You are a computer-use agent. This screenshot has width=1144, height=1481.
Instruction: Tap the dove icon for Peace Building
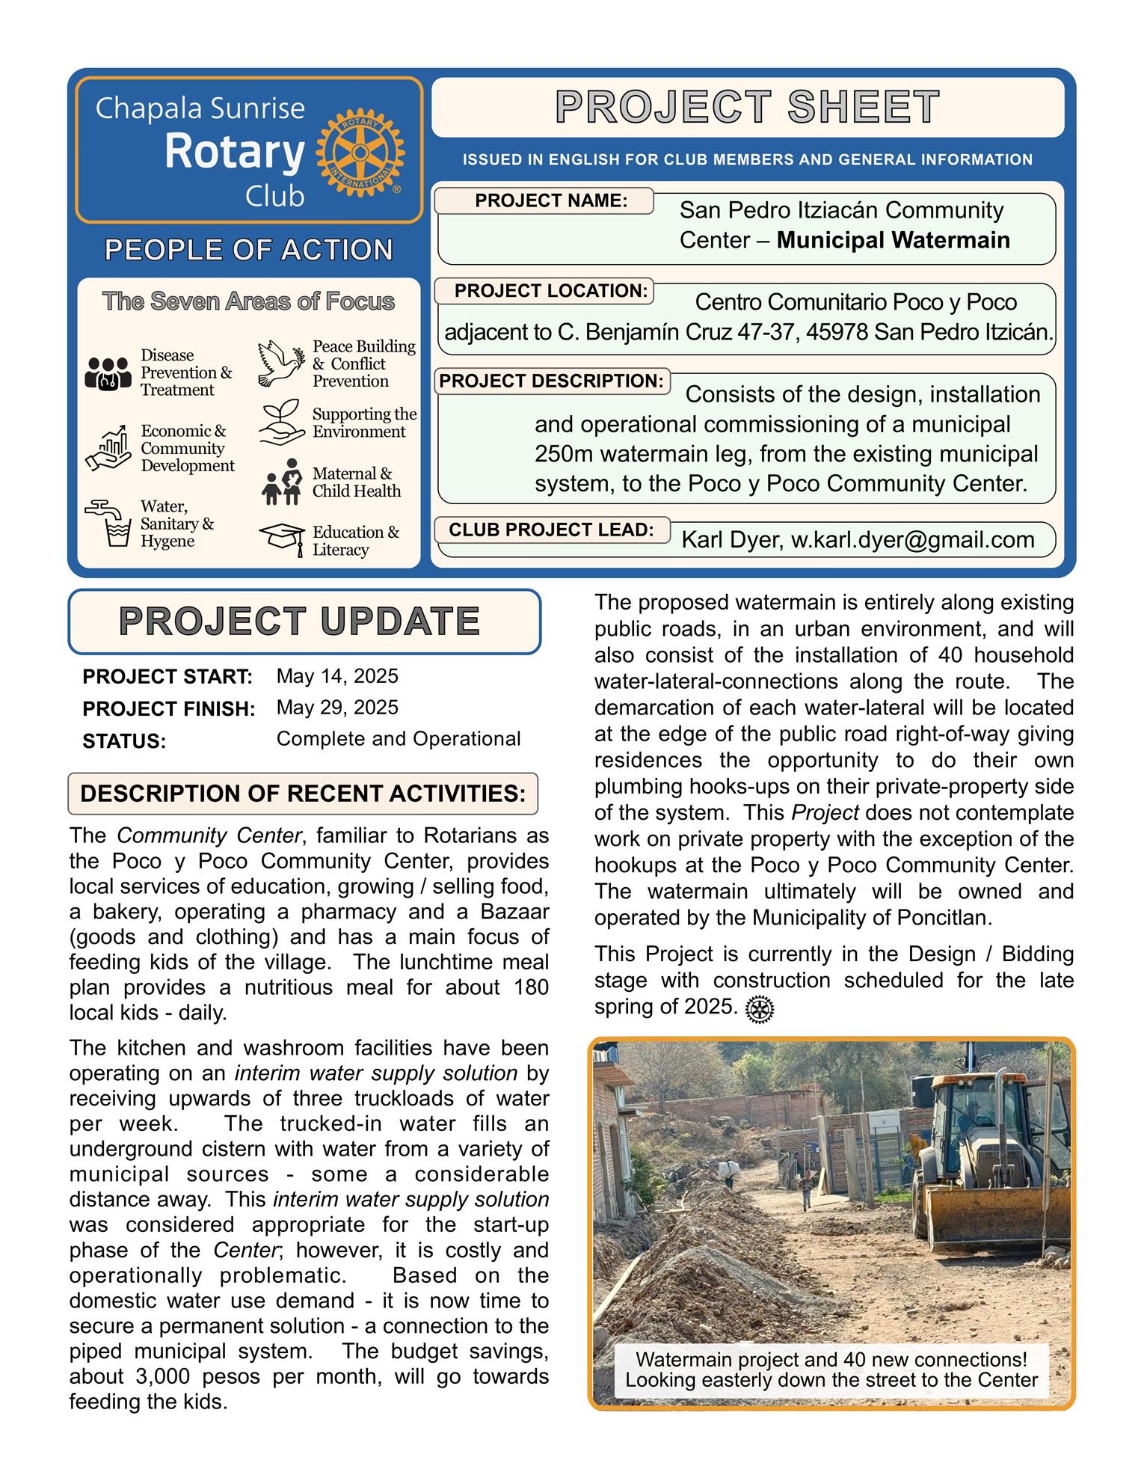[x=281, y=364]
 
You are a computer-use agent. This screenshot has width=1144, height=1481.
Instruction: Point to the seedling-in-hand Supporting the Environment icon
[x=281, y=423]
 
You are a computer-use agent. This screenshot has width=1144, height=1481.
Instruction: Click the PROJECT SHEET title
[x=747, y=107]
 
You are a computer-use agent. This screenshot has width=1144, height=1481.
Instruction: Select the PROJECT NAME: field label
[x=550, y=200]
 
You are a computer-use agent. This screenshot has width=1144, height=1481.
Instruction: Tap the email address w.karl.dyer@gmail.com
[x=912, y=540]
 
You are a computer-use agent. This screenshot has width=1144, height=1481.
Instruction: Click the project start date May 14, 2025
[x=337, y=676]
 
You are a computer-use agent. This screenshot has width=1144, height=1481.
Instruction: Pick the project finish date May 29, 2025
[x=337, y=708]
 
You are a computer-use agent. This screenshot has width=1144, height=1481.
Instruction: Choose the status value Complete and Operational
[x=398, y=739]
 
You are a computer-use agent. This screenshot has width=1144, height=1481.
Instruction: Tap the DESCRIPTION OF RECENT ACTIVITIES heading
[x=302, y=793]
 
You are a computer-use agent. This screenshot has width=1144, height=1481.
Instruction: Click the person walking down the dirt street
[x=807, y=1189]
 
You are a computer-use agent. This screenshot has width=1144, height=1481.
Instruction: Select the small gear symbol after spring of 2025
[x=760, y=1010]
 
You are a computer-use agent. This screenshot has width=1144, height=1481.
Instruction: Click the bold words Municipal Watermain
[x=893, y=240]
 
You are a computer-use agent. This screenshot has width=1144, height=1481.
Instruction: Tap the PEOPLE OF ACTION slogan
[x=248, y=250]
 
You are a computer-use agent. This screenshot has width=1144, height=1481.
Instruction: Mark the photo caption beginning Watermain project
[x=831, y=1370]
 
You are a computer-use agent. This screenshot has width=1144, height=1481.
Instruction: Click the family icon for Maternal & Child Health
[x=281, y=482]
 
